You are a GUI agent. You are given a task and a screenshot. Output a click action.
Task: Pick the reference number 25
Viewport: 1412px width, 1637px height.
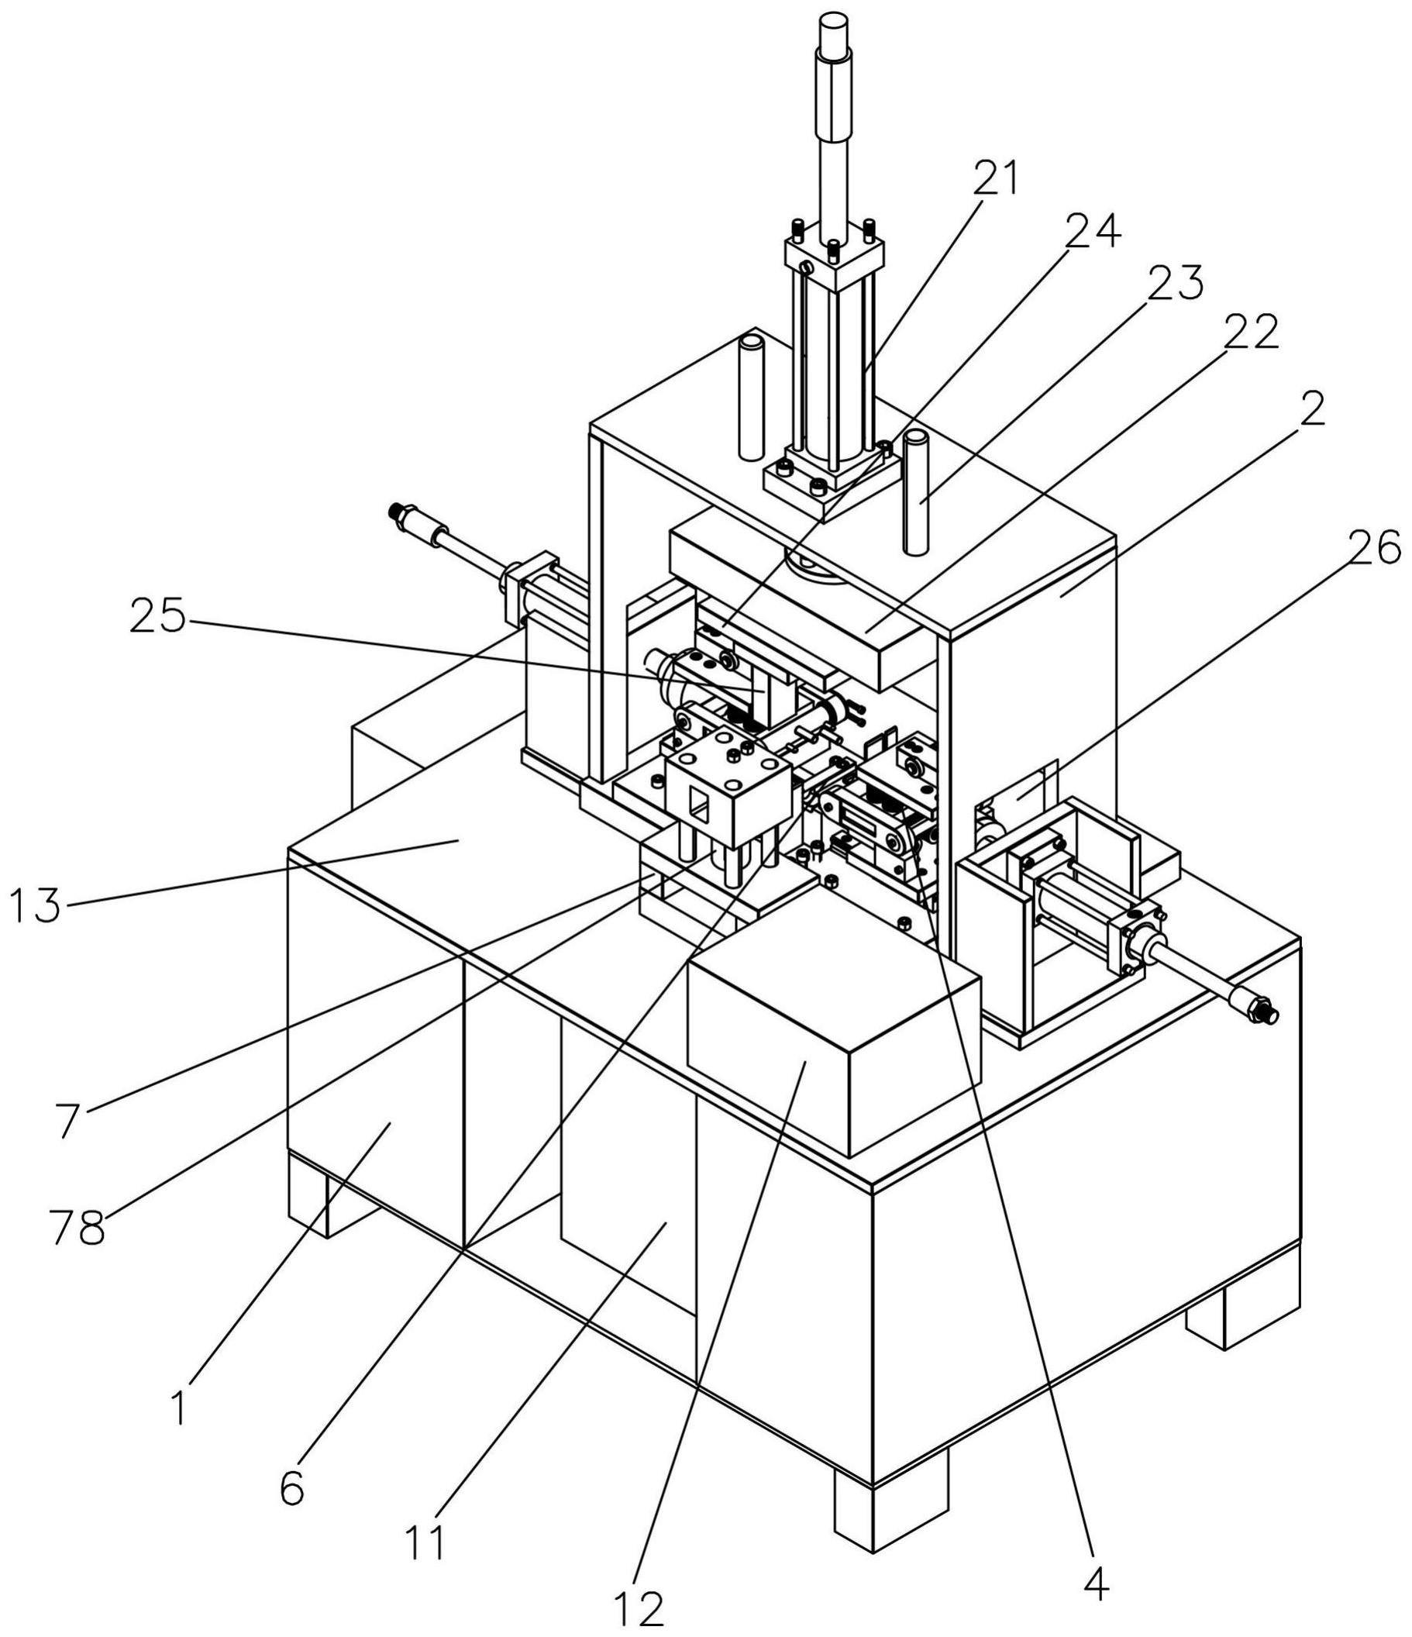click(x=157, y=617)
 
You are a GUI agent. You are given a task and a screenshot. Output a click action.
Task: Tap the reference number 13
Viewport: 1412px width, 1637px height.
click(x=35, y=905)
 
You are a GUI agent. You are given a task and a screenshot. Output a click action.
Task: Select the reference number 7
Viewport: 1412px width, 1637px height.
click(x=68, y=1120)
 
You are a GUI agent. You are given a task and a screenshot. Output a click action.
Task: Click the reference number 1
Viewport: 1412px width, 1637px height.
click(x=181, y=1407)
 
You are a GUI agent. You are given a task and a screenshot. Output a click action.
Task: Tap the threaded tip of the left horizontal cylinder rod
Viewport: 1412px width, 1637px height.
click(x=405, y=514)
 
